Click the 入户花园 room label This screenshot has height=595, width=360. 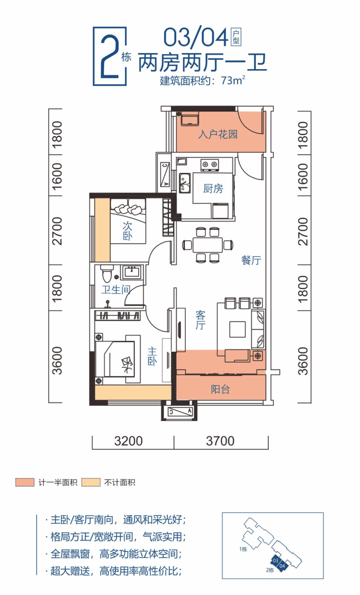218,134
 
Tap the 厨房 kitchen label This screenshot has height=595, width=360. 213,189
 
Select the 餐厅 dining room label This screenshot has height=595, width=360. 251,260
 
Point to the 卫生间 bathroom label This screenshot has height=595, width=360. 116,289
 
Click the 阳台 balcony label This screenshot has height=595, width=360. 220,389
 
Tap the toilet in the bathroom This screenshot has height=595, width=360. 107,273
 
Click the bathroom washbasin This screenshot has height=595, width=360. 132,272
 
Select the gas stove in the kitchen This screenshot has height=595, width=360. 210,165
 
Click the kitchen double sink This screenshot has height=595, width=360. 184,183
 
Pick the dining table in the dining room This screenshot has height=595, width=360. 208,245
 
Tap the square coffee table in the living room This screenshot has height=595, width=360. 237,329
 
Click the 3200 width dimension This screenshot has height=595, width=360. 128,441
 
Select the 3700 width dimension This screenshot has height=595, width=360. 220,441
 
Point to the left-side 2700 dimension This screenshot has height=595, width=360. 57,231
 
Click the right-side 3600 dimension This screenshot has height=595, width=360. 303,361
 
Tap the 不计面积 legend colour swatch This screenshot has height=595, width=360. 91,483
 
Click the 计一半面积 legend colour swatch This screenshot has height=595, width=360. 25,483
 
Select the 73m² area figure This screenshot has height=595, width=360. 233,80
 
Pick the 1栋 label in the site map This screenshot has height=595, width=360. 243,549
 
